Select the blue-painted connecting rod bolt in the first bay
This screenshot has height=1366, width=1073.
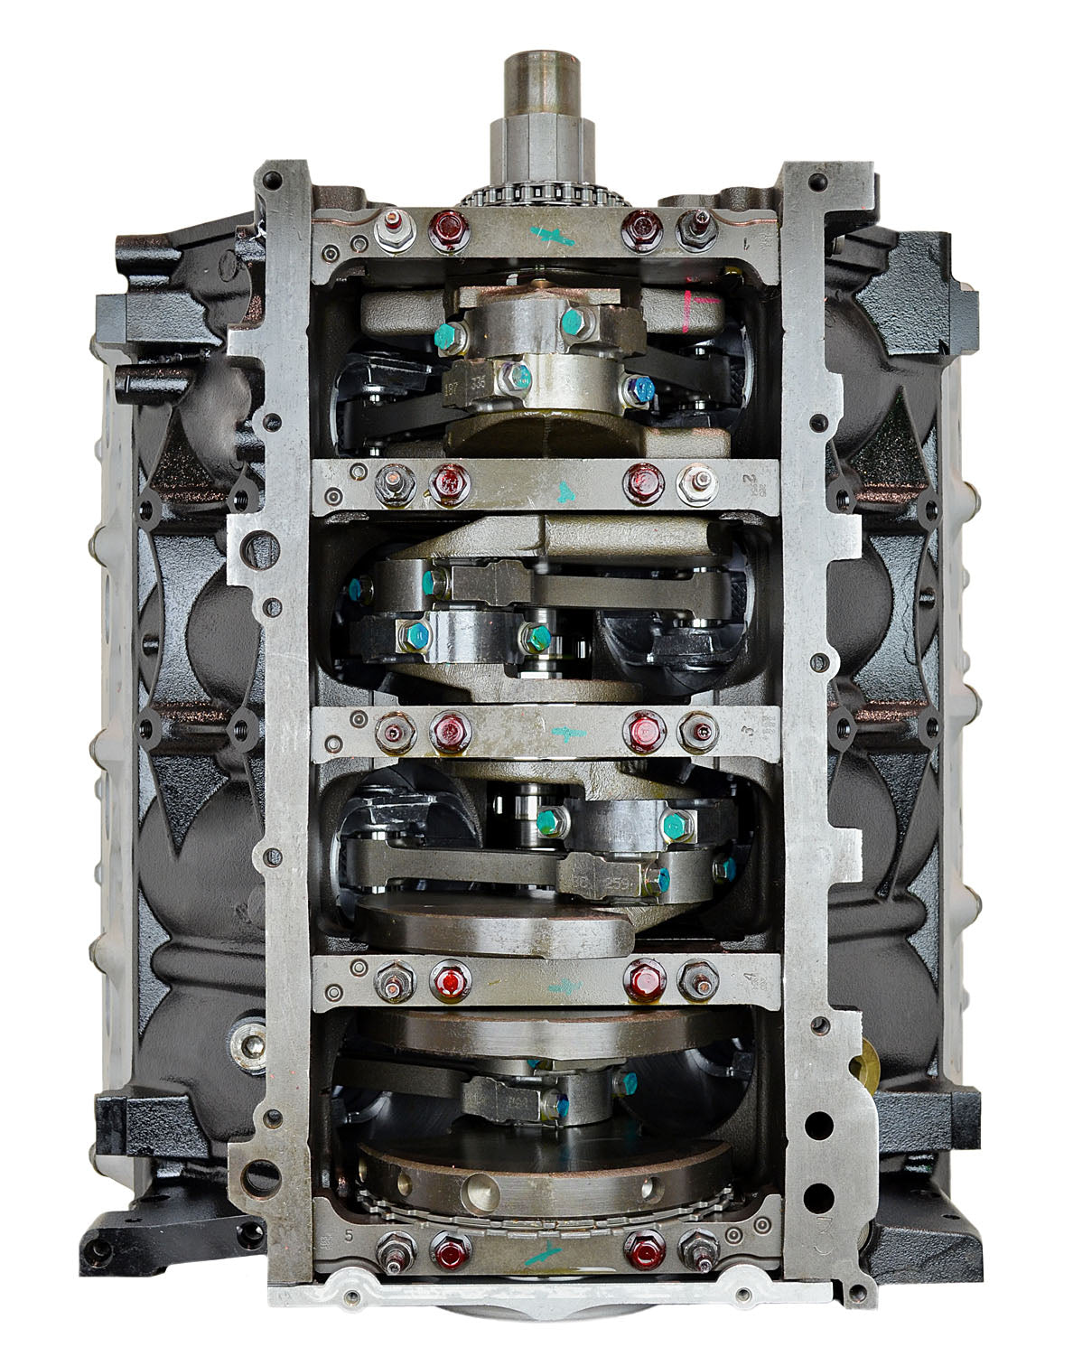pyautogui.click(x=641, y=389)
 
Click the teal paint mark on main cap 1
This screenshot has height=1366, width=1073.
pyautogui.click(x=553, y=237)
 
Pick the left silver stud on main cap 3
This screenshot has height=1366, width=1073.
pyautogui.click(x=395, y=732)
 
